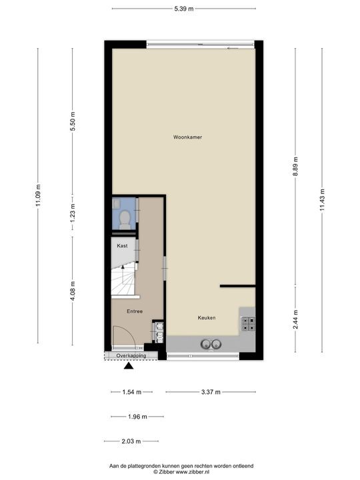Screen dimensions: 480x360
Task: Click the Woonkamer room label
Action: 187,137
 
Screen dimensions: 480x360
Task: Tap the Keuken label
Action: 206,318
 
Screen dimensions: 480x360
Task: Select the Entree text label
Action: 135,311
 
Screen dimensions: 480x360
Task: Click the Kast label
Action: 122,246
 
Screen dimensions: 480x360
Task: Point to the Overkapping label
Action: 131,356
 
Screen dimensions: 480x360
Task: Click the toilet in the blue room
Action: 124,218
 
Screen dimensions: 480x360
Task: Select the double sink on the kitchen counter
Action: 211,345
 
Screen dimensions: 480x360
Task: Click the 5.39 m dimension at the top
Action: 183,9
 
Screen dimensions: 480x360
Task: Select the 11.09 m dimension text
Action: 38,195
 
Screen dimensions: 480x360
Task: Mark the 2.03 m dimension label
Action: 131,441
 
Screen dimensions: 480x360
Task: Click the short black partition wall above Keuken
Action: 237,286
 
